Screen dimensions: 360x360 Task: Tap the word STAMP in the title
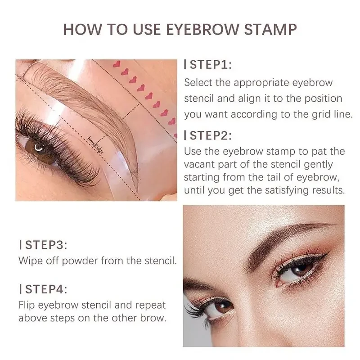tap(270, 29)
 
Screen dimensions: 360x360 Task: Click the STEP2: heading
tap(210, 135)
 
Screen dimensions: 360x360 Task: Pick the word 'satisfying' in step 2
tap(282, 190)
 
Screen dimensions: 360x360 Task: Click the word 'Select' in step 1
tap(198, 83)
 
